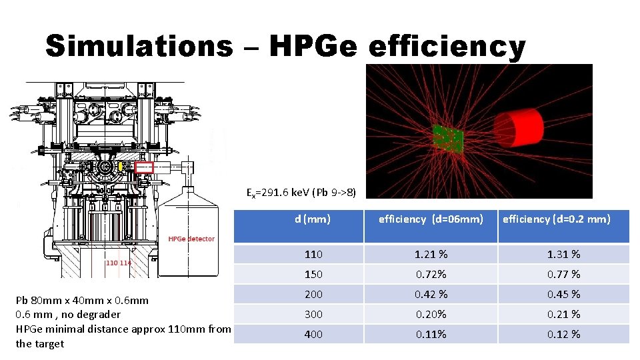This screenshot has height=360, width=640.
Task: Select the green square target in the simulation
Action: pyautogui.click(x=447, y=138)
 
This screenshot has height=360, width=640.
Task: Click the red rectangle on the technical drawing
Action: pyautogui.click(x=144, y=167)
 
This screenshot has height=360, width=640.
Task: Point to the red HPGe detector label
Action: pyautogui.click(x=191, y=239)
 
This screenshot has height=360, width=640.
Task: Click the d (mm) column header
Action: pyautogui.click(x=313, y=218)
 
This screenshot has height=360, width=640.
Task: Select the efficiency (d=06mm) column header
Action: pyautogui.click(x=431, y=218)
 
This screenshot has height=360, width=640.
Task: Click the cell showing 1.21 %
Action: pyautogui.click(x=431, y=254)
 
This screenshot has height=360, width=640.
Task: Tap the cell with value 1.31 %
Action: pyautogui.click(x=563, y=254)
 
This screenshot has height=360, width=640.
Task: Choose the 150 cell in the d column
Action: pyautogui.click(x=313, y=274)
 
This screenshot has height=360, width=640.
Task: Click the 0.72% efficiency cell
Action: pyautogui.click(x=431, y=274)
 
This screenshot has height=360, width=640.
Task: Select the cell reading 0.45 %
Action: pyautogui.click(x=563, y=294)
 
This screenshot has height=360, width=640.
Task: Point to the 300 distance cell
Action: pyautogui.click(x=313, y=314)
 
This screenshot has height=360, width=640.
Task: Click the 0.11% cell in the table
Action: pyautogui.click(x=431, y=334)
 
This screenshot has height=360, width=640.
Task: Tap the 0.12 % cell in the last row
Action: pyautogui.click(x=563, y=334)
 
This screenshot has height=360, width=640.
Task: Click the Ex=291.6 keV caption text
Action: pyautogui.click(x=301, y=193)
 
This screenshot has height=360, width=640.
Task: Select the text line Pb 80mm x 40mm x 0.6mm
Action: pyautogui.click(x=82, y=300)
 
